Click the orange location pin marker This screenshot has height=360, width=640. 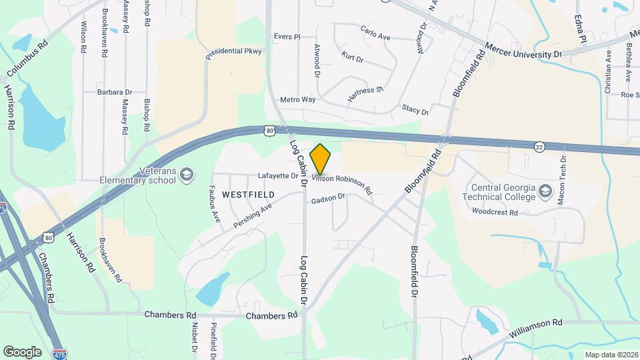(x=321, y=159)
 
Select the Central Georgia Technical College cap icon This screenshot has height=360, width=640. (x=546, y=191)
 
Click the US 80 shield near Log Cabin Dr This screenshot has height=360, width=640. (x=268, y=131)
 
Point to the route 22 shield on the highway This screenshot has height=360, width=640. (x=538, y=146)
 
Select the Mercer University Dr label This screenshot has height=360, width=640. (x=524, y=53)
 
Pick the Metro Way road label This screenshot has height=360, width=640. (x=297, y=99)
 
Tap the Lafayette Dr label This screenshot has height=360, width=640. (x=279, y=176)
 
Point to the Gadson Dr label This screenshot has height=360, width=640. (x=328, y=197)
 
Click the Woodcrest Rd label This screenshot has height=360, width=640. (x=495, y=213)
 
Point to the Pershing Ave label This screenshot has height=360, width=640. (x=253, y=217)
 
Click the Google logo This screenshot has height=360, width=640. (x=22, y=351)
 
